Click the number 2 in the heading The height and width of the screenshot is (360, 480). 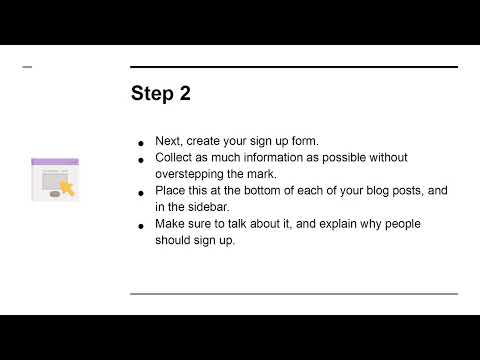pos(184,94)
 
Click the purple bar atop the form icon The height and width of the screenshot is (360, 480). pos(54,161)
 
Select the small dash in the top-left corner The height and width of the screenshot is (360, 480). pos(27,67)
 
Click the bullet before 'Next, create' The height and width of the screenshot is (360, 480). pos(143,143)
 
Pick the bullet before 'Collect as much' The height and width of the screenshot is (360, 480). pos(143,159)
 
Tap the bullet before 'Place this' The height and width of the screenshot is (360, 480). pos(143,190)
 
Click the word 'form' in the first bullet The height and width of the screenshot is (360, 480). pos(304,142)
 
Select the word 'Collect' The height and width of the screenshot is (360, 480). pos(176,158)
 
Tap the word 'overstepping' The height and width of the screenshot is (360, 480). pos(193,172)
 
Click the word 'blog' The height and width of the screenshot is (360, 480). pos(376,189)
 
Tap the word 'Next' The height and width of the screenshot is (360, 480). pos(168,142)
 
